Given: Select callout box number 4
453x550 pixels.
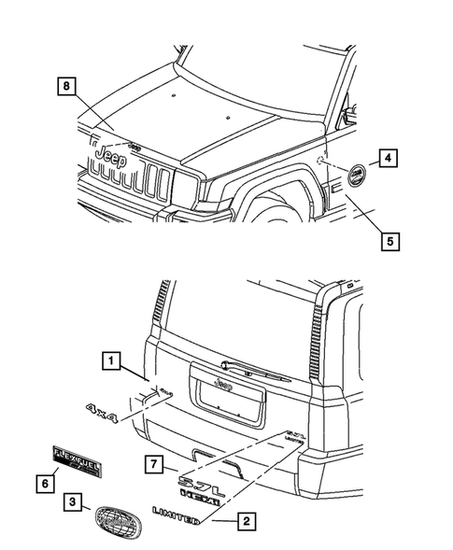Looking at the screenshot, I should (389, 158).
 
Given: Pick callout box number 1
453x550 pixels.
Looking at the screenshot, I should (111, 360).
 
